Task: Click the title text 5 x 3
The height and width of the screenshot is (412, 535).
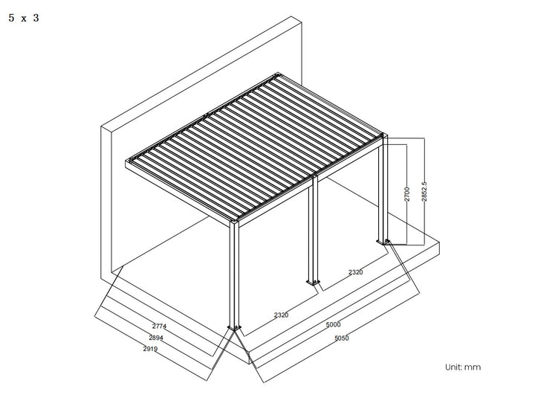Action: [x=23, y=18]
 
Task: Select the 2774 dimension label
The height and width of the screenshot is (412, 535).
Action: [x=160, y=326]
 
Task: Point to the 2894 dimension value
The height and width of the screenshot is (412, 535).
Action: [x=156, y=338]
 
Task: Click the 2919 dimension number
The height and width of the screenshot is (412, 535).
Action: [x=151, y=348]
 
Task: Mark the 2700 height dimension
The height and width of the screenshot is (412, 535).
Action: [x=406, y=193]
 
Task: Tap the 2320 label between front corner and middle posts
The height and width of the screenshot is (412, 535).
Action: [x=281, y=315]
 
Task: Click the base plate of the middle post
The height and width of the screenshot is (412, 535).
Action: [x=312, y=282]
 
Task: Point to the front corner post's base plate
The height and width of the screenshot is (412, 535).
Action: [x=236, y=329]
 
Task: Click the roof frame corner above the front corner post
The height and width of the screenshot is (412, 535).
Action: [x=235, y=219]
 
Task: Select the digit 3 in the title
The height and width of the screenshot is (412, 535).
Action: [x=36, y=18]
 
